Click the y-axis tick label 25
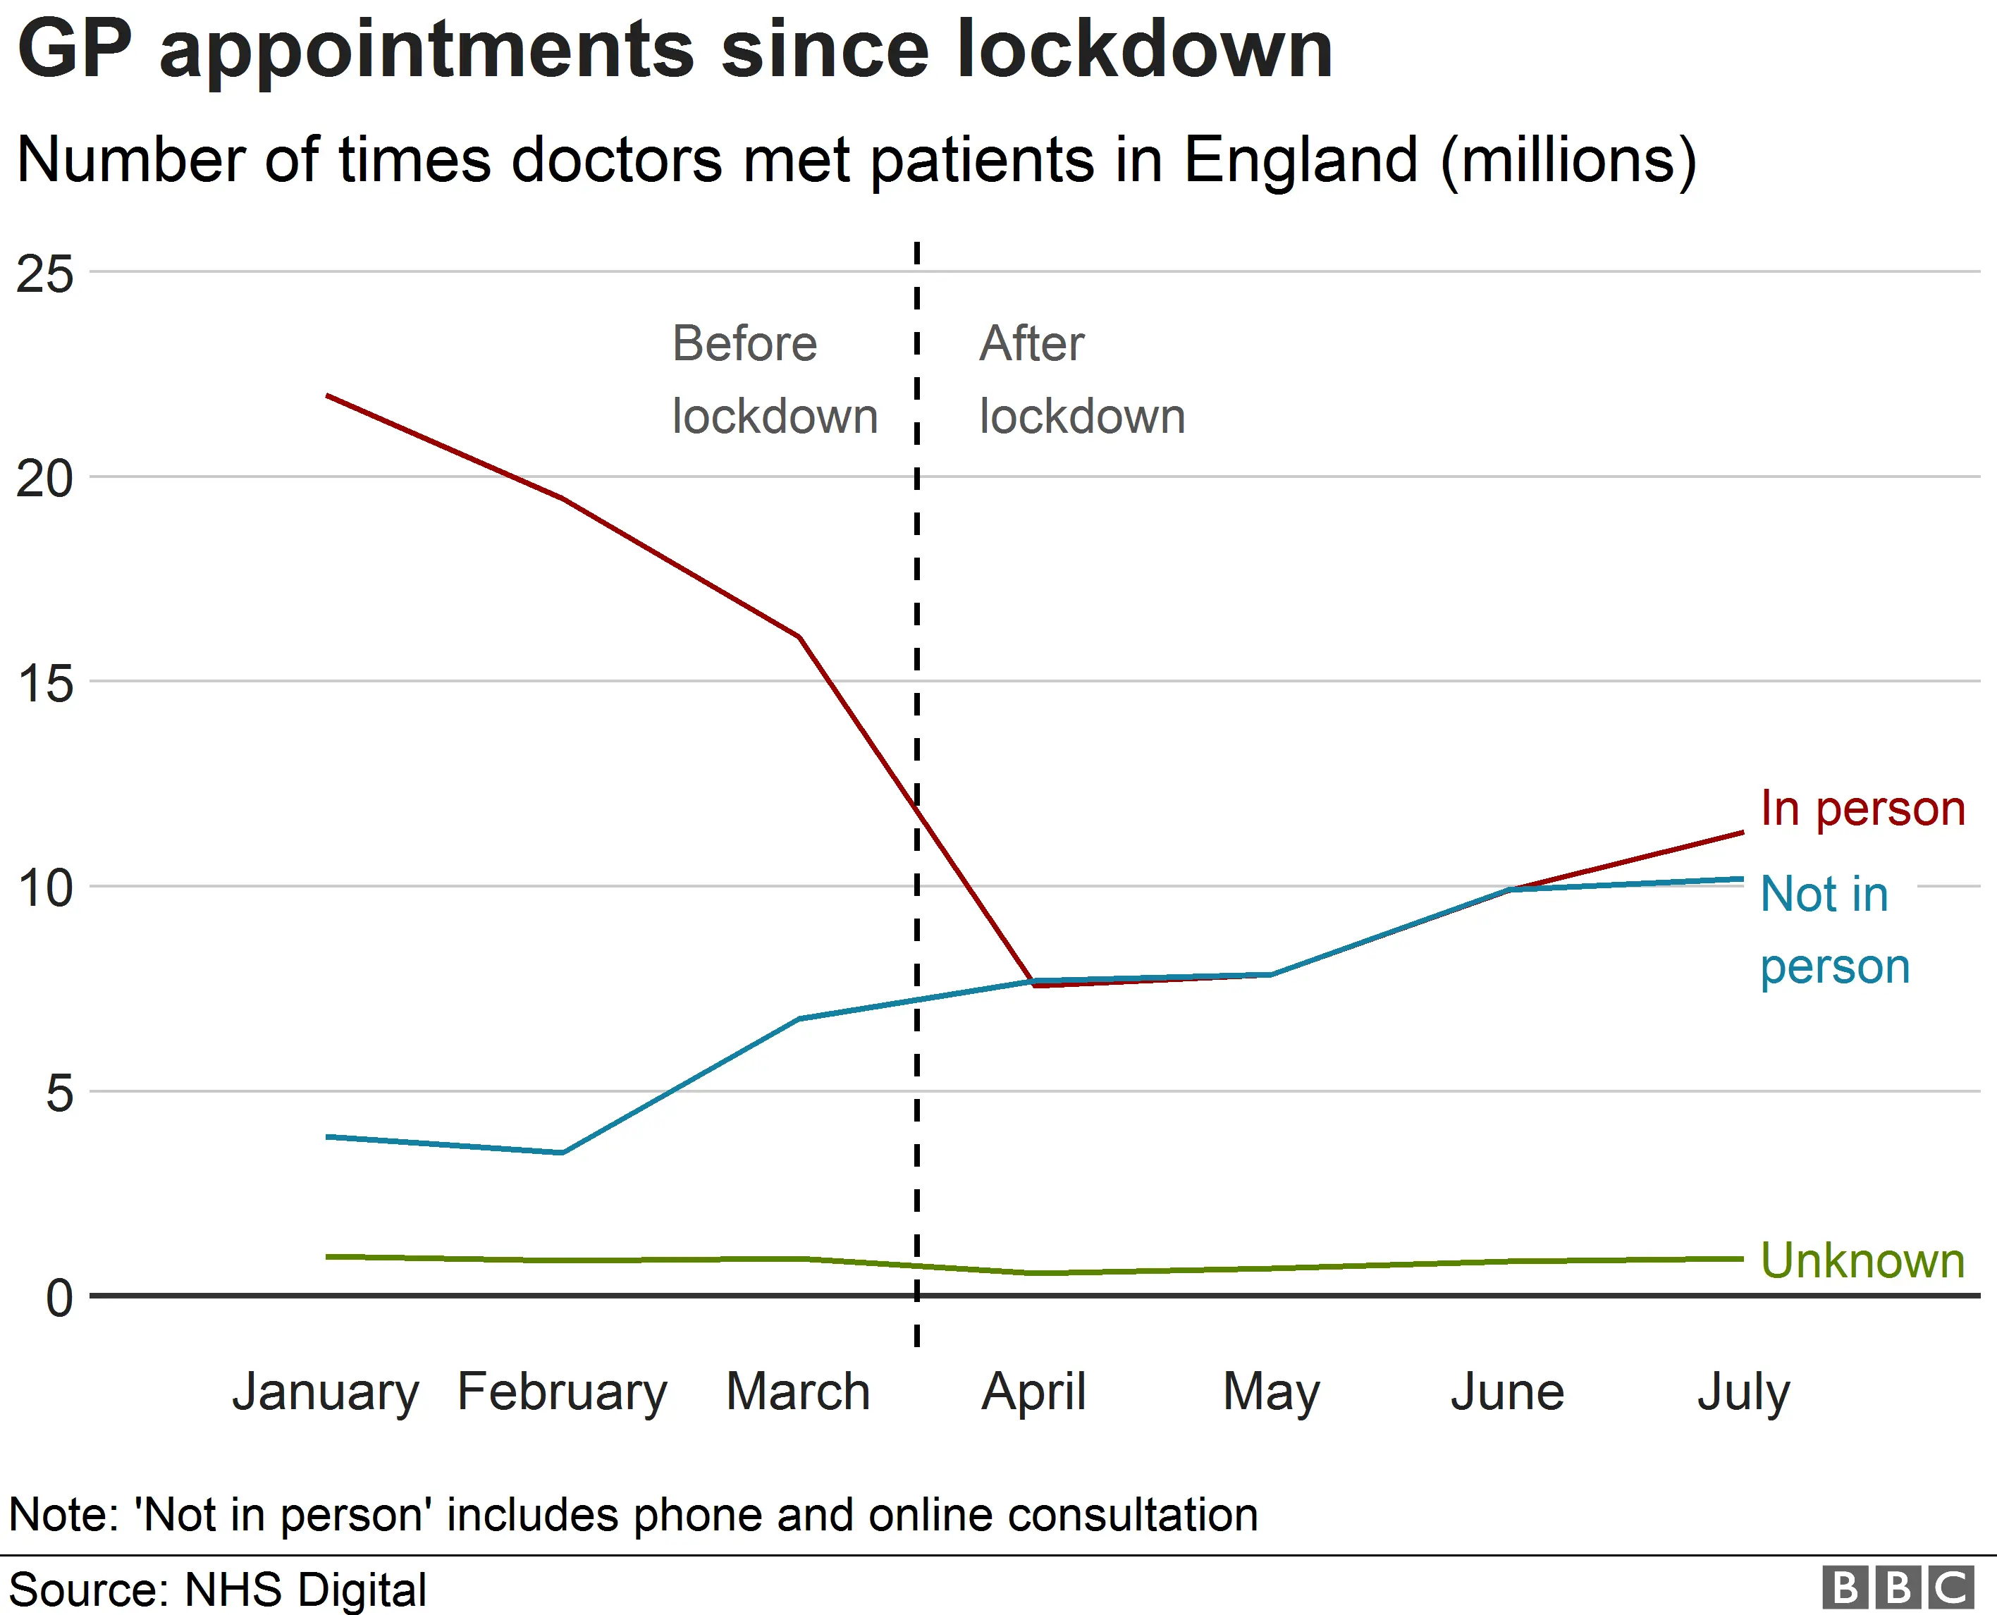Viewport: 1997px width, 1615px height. [44, 274]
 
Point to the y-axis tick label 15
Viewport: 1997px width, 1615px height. [44, 684]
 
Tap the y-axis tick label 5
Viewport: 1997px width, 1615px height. [59, 1093]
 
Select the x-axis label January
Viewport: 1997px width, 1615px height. [326, 1393]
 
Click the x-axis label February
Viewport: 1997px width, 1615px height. [562, 1393]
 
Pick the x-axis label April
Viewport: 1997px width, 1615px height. [1033, 1393]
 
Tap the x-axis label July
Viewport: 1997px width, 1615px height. [1743, 1393]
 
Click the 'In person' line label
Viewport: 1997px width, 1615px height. [1862, 808]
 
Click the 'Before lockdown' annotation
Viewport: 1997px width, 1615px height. [774, 379]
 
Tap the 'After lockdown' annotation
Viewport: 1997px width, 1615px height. [1081, 379]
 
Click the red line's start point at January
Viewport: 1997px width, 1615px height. [327, 395]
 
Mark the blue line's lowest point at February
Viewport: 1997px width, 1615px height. [562, 1153]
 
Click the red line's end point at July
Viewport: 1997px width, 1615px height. [1742, 833]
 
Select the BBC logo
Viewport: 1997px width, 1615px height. [1898, 1587]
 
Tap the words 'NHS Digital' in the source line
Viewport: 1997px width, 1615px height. [305, 1589]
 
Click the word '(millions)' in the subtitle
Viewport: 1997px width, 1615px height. [1568, 160]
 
